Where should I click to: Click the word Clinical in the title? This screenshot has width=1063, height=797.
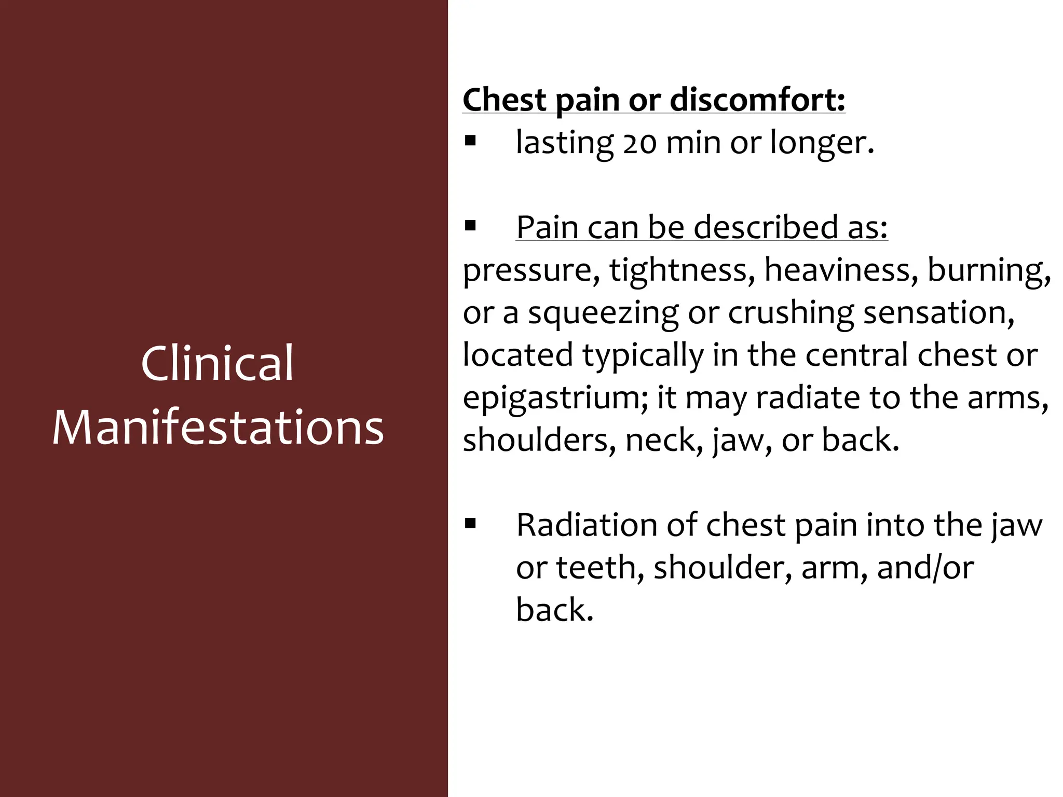coord(217,363)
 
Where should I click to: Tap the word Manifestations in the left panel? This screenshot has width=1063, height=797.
coord(218,428)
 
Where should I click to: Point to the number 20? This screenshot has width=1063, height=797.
coord(639,143)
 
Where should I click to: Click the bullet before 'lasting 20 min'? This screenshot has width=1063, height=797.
coord(470,141)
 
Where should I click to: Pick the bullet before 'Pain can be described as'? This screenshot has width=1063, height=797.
coord(470,226)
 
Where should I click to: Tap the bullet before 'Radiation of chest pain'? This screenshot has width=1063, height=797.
coord(470,524)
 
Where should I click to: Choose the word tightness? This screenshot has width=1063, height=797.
coord(682,271)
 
